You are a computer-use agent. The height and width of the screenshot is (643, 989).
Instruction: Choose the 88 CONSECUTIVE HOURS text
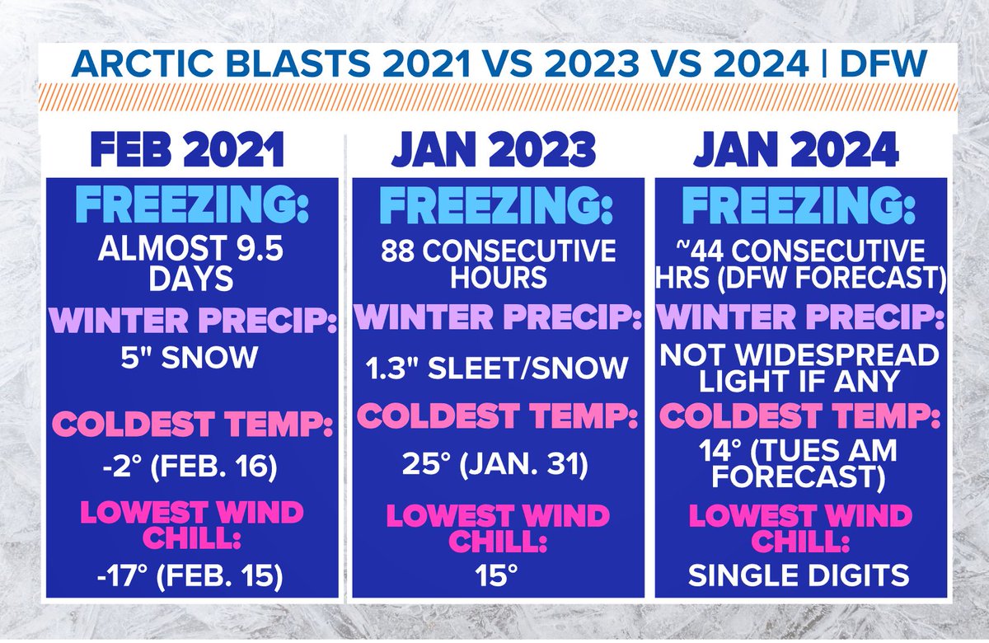[x=497, y=263]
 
